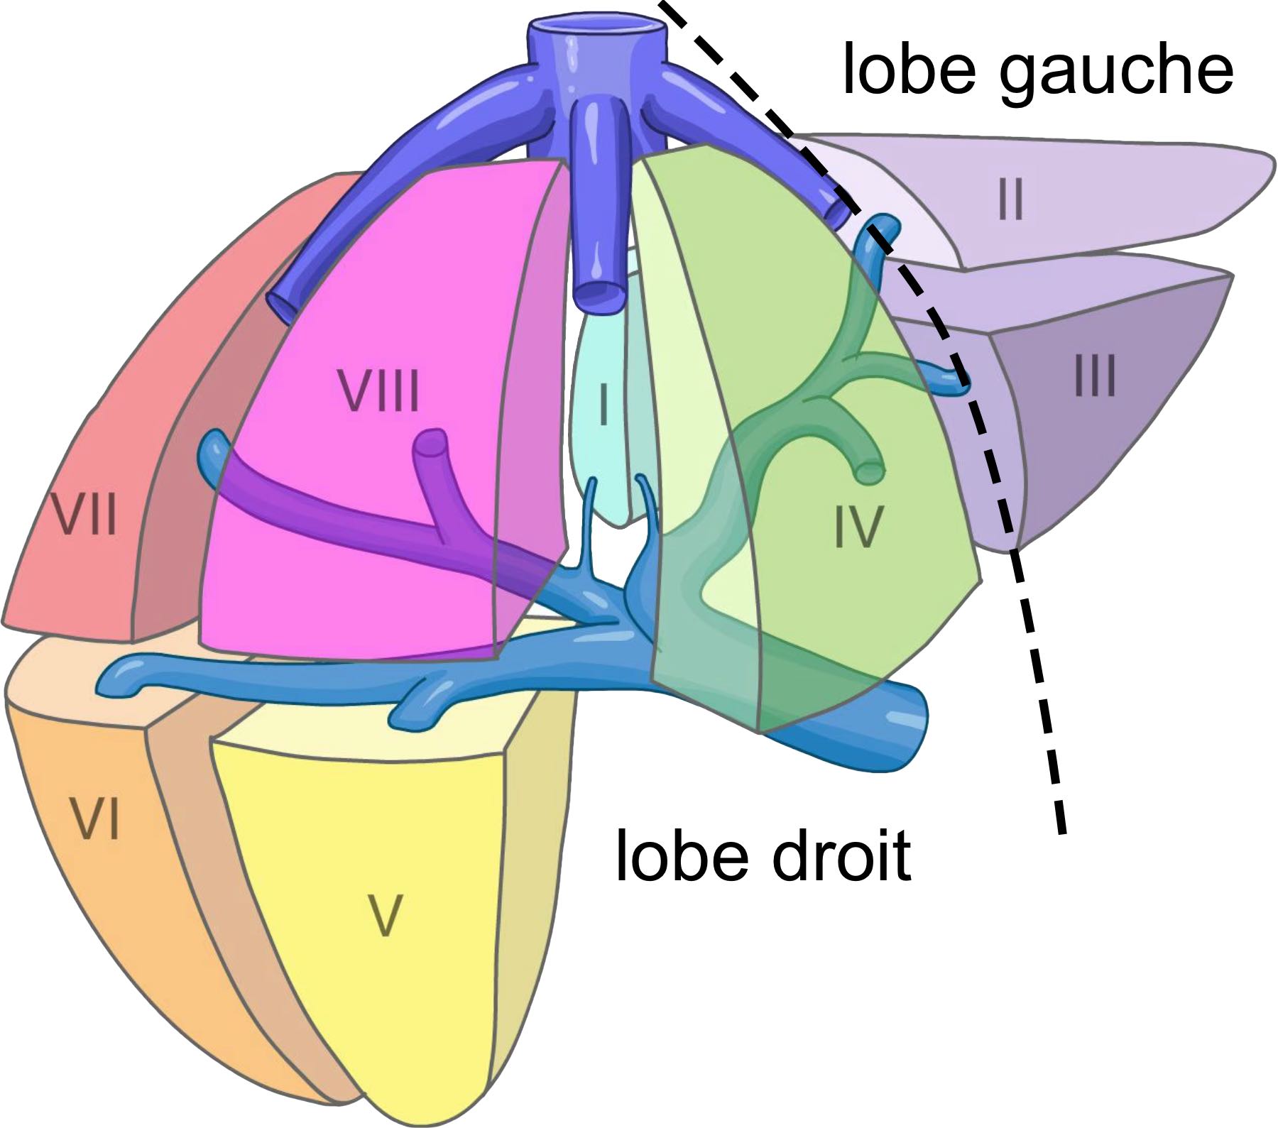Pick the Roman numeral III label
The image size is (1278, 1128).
tap(1095, 376)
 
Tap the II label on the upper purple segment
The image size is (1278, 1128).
tap(1010, 199)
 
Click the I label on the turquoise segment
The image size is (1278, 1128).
tap(603, 404)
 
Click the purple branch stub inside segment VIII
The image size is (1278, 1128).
tap(430, 445)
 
